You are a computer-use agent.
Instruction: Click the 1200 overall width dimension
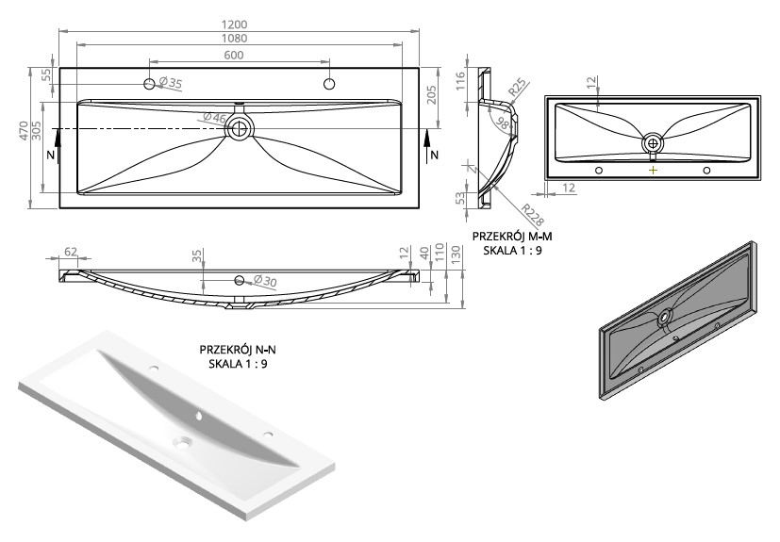234,25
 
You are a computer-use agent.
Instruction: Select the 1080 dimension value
234,39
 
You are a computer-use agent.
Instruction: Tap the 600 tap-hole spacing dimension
234,55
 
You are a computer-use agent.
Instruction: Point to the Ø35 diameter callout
171,83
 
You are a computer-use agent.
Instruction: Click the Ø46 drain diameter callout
214,118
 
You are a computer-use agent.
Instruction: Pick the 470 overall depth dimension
24,130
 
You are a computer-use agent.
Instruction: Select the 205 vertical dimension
431,95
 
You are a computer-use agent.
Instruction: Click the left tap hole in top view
149,84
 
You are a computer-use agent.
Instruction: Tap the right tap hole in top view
329,84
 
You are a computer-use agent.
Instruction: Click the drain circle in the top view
240,128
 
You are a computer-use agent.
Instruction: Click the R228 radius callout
532,215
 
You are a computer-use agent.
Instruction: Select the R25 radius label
517,87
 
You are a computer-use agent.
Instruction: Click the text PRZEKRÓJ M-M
512,237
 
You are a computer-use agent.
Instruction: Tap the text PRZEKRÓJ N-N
238,350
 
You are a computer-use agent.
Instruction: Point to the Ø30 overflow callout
265,281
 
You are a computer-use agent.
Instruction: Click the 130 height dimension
456,255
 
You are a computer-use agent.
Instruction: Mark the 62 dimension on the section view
71,252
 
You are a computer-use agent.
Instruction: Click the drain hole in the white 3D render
182,441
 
